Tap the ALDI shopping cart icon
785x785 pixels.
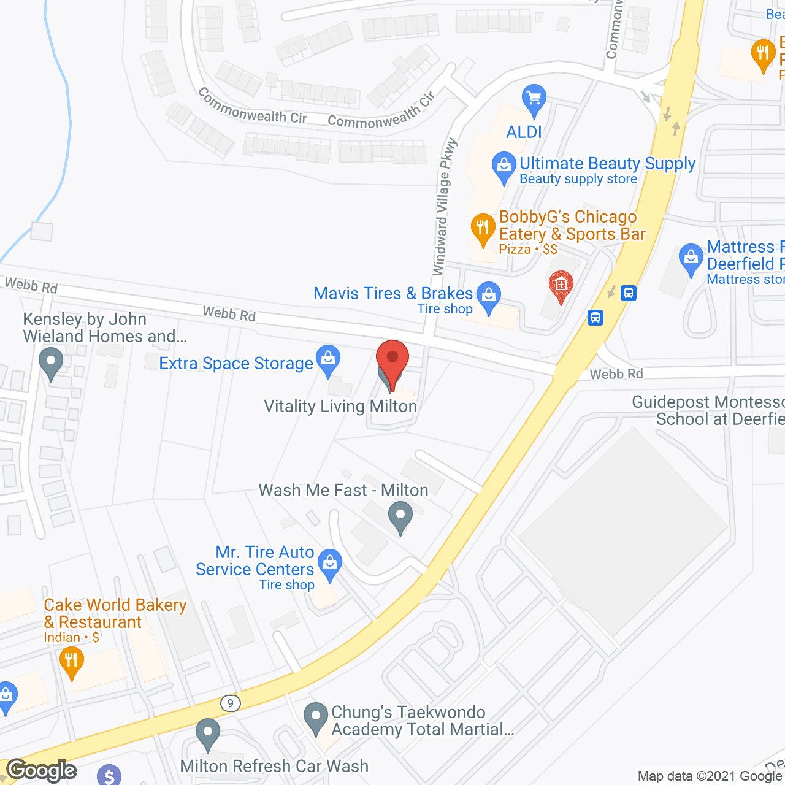(534, 99)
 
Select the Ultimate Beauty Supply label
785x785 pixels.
(607, 164)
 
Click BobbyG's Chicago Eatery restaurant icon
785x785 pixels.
(483, 229)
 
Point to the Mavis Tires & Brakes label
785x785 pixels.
(393, 294)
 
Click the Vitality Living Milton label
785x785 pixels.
(340, 407)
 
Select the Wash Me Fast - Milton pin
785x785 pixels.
(400, 516)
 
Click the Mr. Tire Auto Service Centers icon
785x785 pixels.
(330, 563)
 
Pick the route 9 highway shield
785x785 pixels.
(231, 703)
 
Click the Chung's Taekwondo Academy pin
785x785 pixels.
(316, 718)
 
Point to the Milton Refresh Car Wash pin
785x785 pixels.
(208, 733)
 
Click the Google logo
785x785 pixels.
(41, 770)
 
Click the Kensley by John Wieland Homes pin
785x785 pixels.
(51, 362)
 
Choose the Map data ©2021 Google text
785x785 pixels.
(710, 776)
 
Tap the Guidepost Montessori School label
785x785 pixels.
(708, 411)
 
